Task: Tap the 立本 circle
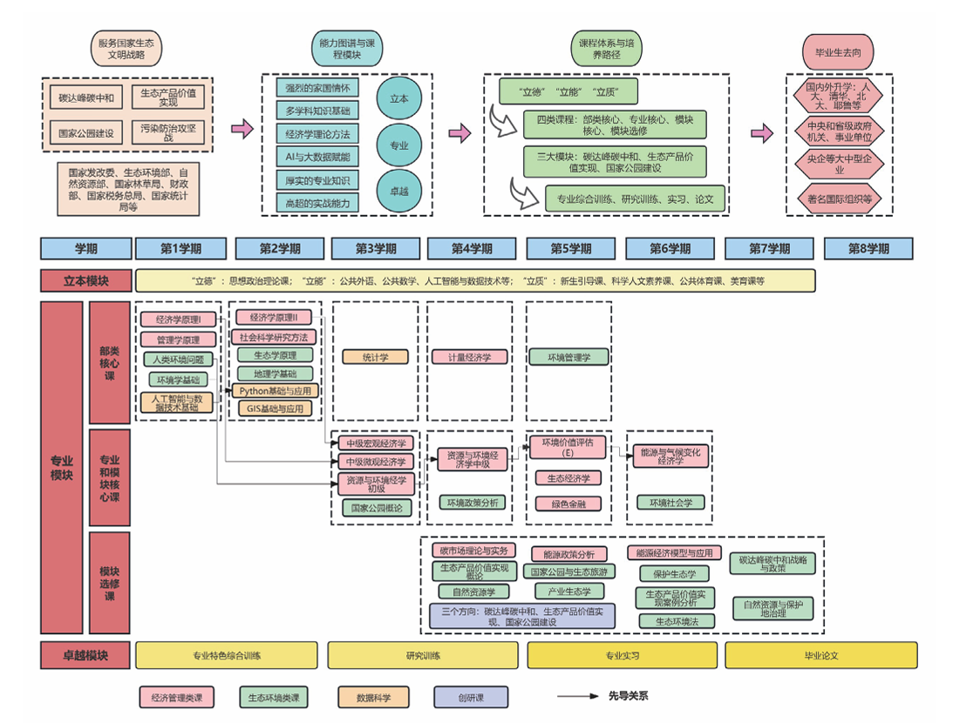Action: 398,98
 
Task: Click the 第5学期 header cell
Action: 571,248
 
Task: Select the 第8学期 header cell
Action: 868,248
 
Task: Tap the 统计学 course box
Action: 376,356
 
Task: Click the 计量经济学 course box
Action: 470,356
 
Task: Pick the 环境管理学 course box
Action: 568,356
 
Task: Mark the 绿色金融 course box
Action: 568,503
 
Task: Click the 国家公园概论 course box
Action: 376,507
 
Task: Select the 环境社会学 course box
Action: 670,503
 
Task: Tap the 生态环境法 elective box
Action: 676,621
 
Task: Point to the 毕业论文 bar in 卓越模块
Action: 820,655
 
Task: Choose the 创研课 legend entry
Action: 471,697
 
